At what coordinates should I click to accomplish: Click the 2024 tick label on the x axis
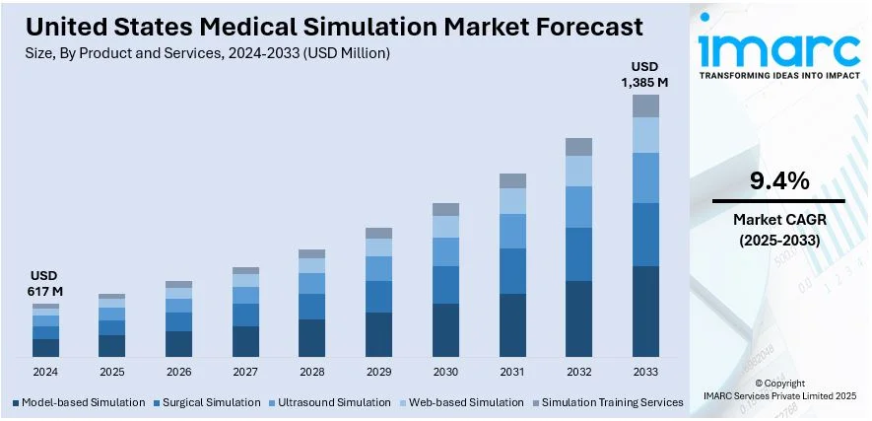[x=45, y=373]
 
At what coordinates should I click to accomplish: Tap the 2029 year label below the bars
[x=378, y=373]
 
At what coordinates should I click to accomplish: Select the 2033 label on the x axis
[x=645, y=373]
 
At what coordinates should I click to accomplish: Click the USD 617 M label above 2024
[x=45, y=283]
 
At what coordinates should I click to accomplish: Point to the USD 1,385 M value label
[x=645, y=75]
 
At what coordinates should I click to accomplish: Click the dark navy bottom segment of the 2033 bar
[x=645, y=311]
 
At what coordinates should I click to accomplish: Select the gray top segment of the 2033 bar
[x=645, y=105]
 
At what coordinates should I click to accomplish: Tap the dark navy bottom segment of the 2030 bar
[x=445, y=329]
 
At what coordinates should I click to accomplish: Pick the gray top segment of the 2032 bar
[x=578, y=147]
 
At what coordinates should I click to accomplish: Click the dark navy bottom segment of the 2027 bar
[x=245, y=341]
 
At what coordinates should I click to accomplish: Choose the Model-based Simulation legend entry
[x=79, y=402]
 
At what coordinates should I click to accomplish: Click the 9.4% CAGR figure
[x=778, y=180]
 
